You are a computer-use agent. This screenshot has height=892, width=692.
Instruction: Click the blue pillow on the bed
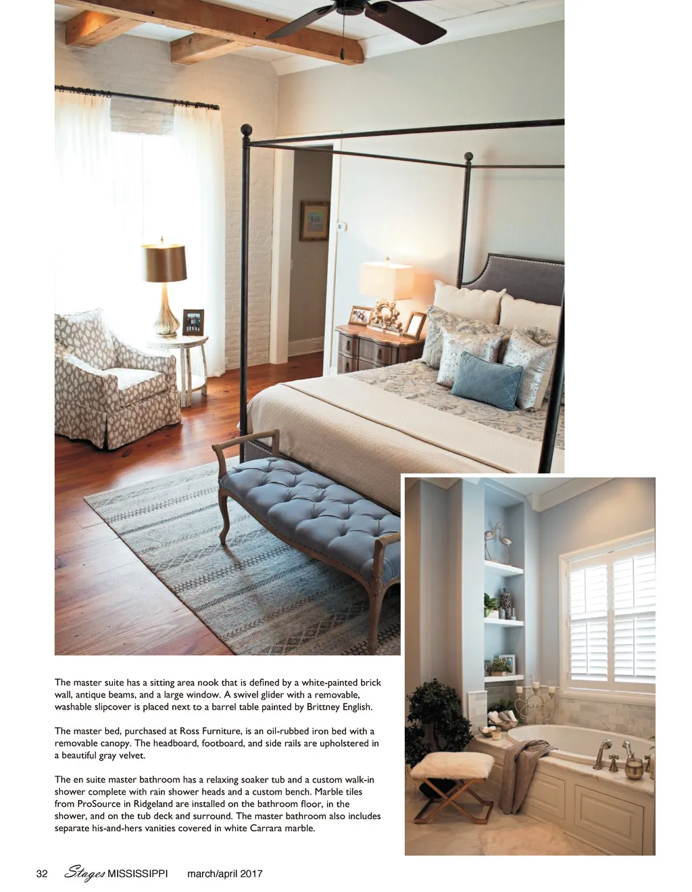(x=486, y=380)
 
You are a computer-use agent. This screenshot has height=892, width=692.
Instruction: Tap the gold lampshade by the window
(x=164, y=263)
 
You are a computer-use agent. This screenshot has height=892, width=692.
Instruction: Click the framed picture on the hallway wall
(x=314, y=220)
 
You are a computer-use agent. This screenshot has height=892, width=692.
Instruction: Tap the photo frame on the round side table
(x=193, y=322)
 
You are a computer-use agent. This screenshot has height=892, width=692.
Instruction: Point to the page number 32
(x=42, y=874)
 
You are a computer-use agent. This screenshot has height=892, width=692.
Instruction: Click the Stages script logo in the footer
(x=84, y=873)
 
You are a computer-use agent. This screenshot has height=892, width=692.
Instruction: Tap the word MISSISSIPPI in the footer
(x=138, y=874)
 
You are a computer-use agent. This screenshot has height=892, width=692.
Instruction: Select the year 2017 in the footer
(x=250, y=874)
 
